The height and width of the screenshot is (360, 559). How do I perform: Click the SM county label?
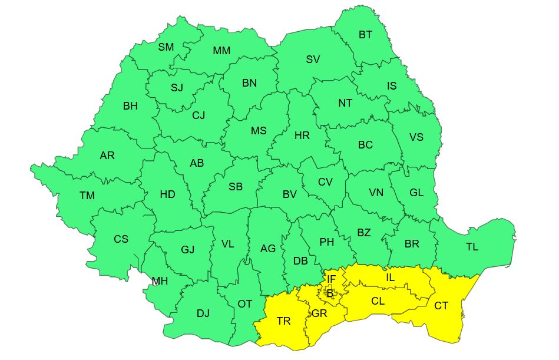(166, 47)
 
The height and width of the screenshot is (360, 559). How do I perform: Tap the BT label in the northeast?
(365, 35)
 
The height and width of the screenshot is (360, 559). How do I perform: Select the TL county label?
(472, 247)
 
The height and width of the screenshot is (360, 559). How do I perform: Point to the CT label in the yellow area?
(441, 305)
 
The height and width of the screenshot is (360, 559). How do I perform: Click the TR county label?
(283, 321)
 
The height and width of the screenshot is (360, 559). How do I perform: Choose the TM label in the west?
(87, 195)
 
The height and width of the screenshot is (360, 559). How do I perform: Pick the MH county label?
(160, 282)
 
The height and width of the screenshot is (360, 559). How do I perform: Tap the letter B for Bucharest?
(330, 293)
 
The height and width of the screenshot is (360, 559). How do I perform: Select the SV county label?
(313, 60)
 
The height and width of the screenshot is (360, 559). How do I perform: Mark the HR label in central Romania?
(302, 136)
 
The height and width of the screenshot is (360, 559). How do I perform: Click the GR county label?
(319, 313)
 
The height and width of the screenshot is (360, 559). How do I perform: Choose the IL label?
(391, 277)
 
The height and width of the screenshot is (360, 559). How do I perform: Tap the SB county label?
(235, 187)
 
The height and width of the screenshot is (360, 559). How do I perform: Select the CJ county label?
(199, 115)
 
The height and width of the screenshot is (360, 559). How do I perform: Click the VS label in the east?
(416, 137)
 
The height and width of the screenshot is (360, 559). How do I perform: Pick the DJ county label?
(203, 313)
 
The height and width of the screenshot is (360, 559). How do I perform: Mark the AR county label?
(107, 156)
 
